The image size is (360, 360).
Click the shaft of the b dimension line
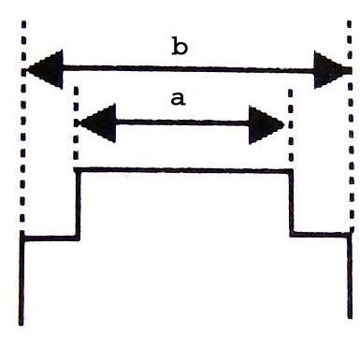pyautogui.click(x=187, y=68)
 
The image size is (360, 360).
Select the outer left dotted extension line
pyautogui.click(x=22, y=140)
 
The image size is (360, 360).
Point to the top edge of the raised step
pyautogui.click(x=182, y=169)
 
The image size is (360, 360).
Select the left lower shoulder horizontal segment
pyautogui.click(x=49, y=238)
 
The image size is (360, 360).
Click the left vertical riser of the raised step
pyautogui.click(x=76, y=203)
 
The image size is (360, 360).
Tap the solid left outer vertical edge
pyautogui.click(x=22, y=281)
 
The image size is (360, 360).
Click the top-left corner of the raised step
pyautogui.click(x=76, y=169)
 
